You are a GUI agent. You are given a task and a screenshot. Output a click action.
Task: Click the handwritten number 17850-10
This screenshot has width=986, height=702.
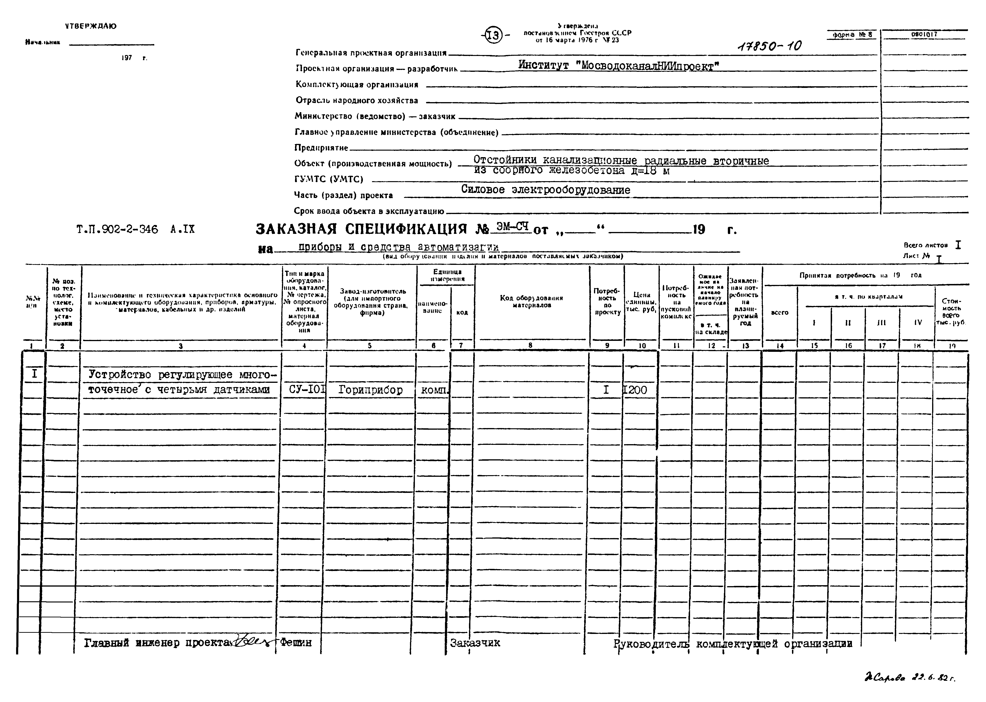(769, 46)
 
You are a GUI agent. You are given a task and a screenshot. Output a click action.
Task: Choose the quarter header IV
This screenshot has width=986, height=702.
(918, 322)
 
